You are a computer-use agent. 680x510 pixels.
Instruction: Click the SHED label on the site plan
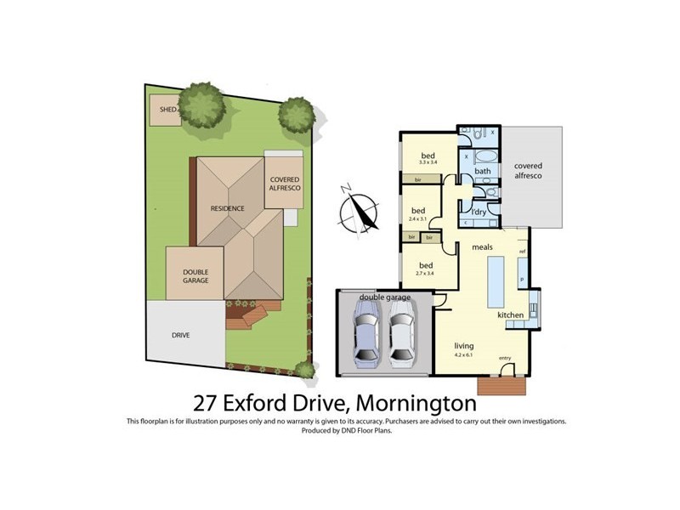coord(168,110)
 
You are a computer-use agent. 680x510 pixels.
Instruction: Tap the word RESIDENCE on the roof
coord(228,208)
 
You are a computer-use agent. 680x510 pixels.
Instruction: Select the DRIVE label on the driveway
coord(181,335)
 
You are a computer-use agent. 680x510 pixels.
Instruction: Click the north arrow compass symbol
coord(360,212)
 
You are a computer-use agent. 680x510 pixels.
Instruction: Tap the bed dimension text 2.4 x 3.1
coord(418,218)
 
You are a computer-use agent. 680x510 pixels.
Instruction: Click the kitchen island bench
coord(496,284)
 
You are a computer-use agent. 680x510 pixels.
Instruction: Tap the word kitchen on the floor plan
coord(510,315)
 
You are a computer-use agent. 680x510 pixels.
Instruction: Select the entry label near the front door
coord(505,358)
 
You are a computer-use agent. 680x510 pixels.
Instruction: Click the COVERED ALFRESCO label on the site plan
coord(284,184)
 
